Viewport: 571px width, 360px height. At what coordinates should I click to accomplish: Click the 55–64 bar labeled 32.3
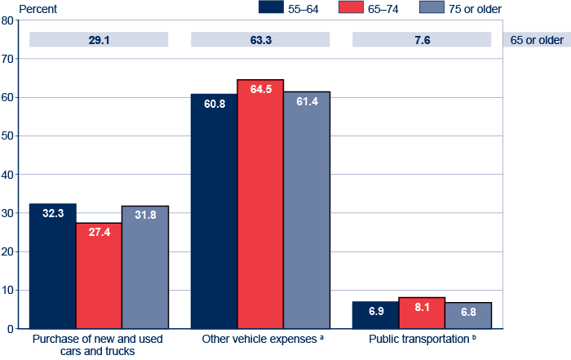coord(52,266)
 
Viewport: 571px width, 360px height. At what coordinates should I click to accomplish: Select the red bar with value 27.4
coord(99,276)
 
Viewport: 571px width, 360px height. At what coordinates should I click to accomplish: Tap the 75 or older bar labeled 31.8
coord(145,267)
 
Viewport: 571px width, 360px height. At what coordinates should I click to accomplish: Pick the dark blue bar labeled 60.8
coord(214,211)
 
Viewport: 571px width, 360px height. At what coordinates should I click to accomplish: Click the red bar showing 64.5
coord(260,204)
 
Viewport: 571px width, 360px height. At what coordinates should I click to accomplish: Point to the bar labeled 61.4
coord(307,210)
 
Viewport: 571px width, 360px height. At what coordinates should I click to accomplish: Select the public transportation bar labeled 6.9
coord(375,315)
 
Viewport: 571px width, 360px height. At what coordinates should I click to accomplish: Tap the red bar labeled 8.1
coord(422,313)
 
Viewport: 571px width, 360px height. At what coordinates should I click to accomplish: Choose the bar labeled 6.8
coord(468,315)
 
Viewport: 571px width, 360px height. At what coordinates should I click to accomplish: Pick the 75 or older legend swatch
coord(435,7)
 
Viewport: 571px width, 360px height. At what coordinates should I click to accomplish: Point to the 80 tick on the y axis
coord(8,20)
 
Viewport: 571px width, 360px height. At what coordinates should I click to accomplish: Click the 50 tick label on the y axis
coord(8,136)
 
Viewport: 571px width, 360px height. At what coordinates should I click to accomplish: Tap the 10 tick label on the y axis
coord(8,291)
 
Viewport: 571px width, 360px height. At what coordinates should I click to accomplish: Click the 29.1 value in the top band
coord(99,39)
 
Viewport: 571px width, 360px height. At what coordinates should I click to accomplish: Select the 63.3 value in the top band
coord(260,39)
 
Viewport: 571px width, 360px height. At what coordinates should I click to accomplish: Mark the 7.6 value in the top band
coord(422,39)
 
